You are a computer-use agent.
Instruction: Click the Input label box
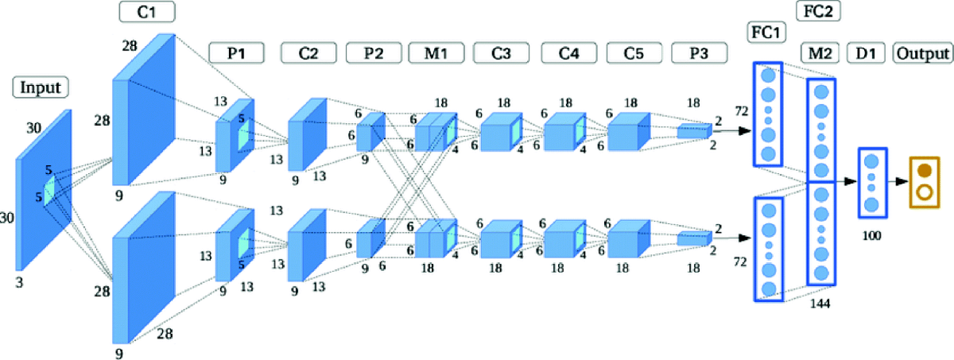pyautogui.click(x=40, y=87)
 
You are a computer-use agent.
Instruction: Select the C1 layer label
pyautogui.click(x=147, y=12)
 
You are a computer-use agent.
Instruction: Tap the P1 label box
pyautogui.click(x=235, y=53)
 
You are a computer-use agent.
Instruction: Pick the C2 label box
pyautogui.click(x=308, y=53)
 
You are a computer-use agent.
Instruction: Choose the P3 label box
pyautogui.click(x=698, y=53)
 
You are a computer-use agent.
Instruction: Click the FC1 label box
pyautogui.click(x=766, y=33)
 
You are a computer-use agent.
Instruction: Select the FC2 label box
pyautogui.click(x=818, y=11)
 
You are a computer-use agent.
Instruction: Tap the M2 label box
pyautogui.click(x=820, y=54)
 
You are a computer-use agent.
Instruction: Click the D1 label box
pyautogui.click(x=870, y=54)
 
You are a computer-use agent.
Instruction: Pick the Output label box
pyautogui.click(x=922, y=54)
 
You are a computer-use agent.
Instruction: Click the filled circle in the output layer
pyautogui.click(x=924, y=170)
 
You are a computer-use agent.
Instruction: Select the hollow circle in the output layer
pyautogui.click(x=924, y=192)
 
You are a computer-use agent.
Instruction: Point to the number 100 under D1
pyautogui.click(x=871, y=236)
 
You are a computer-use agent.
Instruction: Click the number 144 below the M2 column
pyautogui.click(x=820, y=302)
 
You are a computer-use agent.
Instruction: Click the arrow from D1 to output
pyautogui.click(x=898, y=182)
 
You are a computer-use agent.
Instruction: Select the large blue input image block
pyautogui.click(x=44, y=191)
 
